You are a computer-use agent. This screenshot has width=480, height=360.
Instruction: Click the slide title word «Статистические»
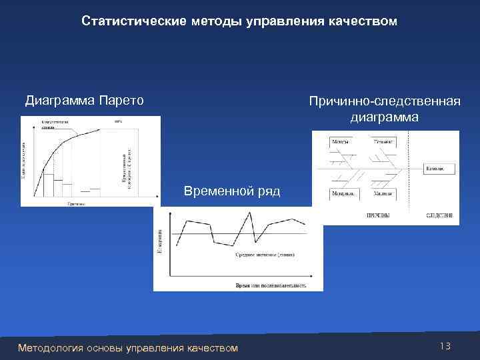tap(126, 22)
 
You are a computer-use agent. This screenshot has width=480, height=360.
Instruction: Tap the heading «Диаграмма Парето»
tap(84, 101)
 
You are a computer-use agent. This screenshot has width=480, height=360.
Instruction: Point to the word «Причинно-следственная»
tap(385, 102)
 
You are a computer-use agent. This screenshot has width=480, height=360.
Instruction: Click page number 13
tap(445, 346)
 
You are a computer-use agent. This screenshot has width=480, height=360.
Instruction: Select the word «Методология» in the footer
tap(50, 348)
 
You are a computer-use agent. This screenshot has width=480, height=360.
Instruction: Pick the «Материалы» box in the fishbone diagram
tap(343, 193)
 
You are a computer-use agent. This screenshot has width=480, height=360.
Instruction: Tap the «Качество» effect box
tap(439, 169)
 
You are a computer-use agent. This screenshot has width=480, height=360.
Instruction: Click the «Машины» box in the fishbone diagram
tap(383, 193)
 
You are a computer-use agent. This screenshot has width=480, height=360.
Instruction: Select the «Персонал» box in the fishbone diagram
tap(383, 143)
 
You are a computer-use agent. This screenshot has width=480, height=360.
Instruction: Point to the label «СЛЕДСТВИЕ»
tap(440, 216)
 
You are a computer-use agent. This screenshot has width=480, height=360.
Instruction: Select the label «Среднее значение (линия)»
tap(265, 254)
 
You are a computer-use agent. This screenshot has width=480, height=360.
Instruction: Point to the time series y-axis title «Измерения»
tap(159, 241)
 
